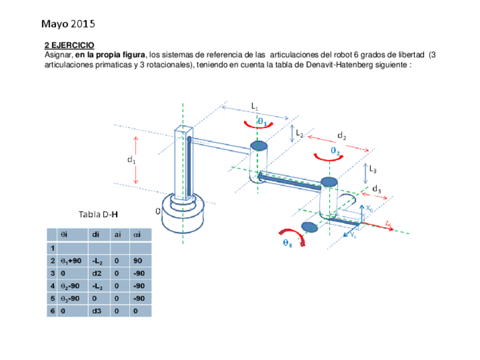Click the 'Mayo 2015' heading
point(68,24)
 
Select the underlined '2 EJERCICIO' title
point(70,45)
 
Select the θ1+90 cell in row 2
point(70,262)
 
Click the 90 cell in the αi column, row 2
point(138,262)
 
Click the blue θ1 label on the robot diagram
point(262,121)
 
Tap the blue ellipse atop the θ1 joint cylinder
point(259,147)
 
